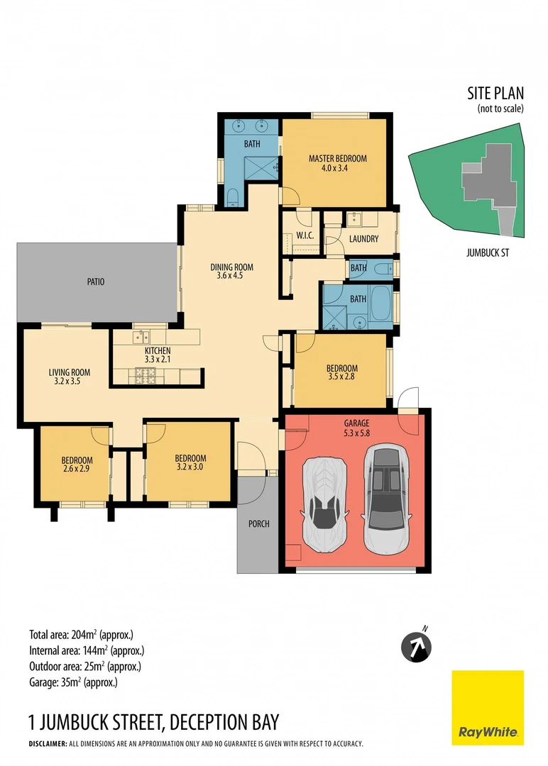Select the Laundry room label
[363, 239]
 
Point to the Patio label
[96, 282]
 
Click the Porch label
[258, 524]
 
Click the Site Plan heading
[495, 93]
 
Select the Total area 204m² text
[82, 635]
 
